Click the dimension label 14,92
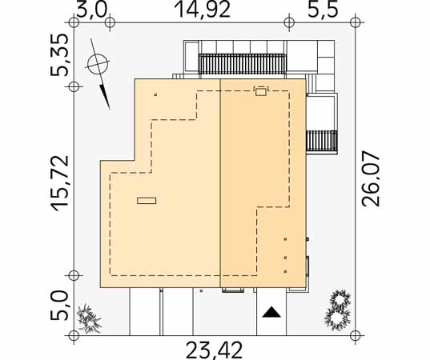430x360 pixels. (x=202, y=10)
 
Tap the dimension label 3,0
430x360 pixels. (x=91, y=10)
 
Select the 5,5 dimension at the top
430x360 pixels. (x=323, y=10)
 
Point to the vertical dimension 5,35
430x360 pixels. (x=59, y=54)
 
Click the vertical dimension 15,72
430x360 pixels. (x=60, y=183)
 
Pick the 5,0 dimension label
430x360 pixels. (x=58, y=305)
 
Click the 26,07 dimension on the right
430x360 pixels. (x=371, y=180)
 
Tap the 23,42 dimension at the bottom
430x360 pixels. (x=214, y=350)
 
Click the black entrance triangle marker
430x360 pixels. (x=271, y=312)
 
